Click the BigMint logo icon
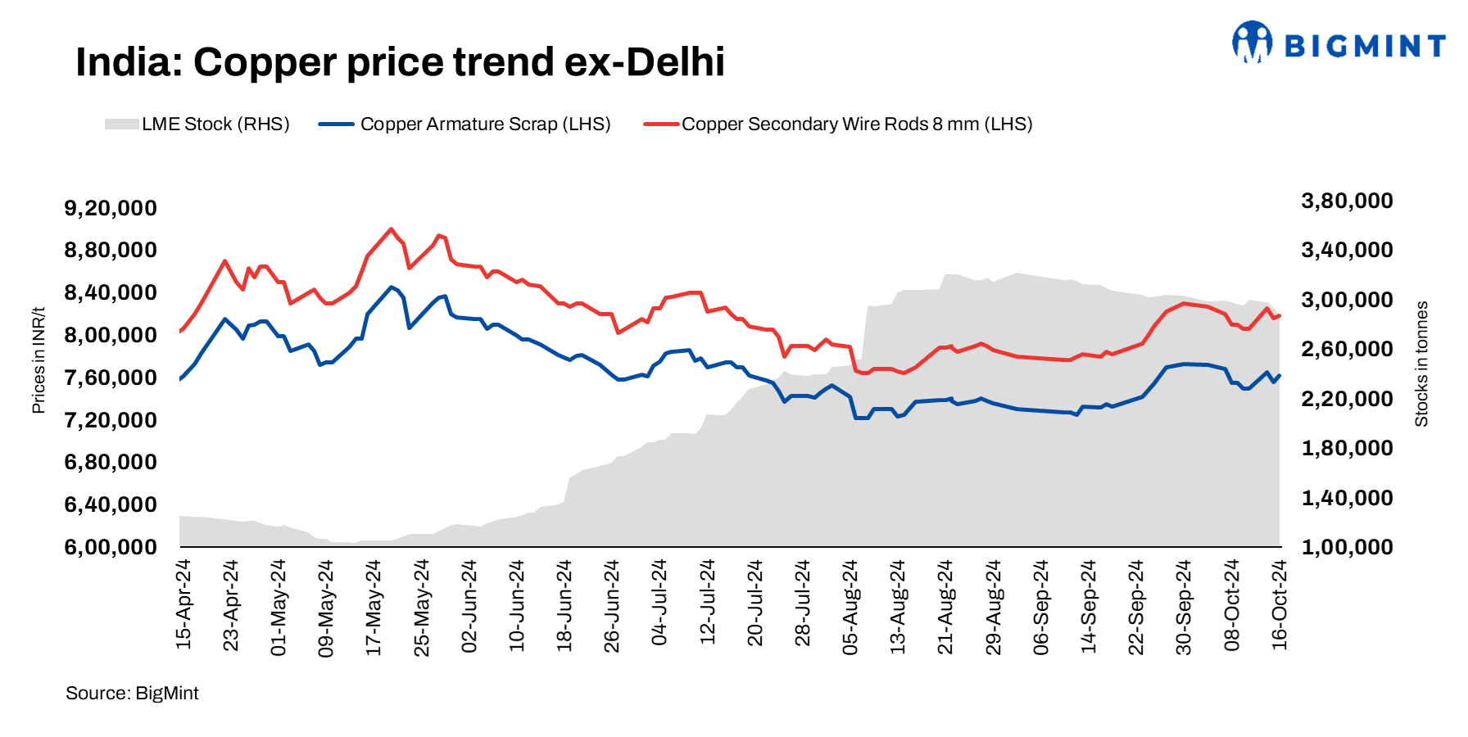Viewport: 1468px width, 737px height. tap(1252, 43)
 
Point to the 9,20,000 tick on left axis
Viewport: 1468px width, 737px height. tap(111, 208)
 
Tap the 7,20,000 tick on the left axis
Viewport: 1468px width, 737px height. tap(111, 420)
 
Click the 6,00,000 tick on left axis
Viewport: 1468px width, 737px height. tap(111, 547)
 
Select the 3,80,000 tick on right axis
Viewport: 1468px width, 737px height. tap(1347, 201)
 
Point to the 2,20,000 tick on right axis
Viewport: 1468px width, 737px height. tap(1347, 399)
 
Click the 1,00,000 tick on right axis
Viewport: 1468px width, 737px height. tap(1347, 547)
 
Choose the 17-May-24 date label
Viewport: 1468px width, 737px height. tap(374, 607)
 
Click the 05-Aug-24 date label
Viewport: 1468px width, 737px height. tap(850, 607)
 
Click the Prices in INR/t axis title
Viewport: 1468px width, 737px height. tap(39, 360)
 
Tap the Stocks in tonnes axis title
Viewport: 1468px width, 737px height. tap(1421, 364)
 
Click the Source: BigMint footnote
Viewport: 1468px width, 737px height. tap(132, 694)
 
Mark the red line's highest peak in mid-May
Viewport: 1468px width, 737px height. tap(391, 229)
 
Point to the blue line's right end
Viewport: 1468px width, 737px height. tap(1280, 376)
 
